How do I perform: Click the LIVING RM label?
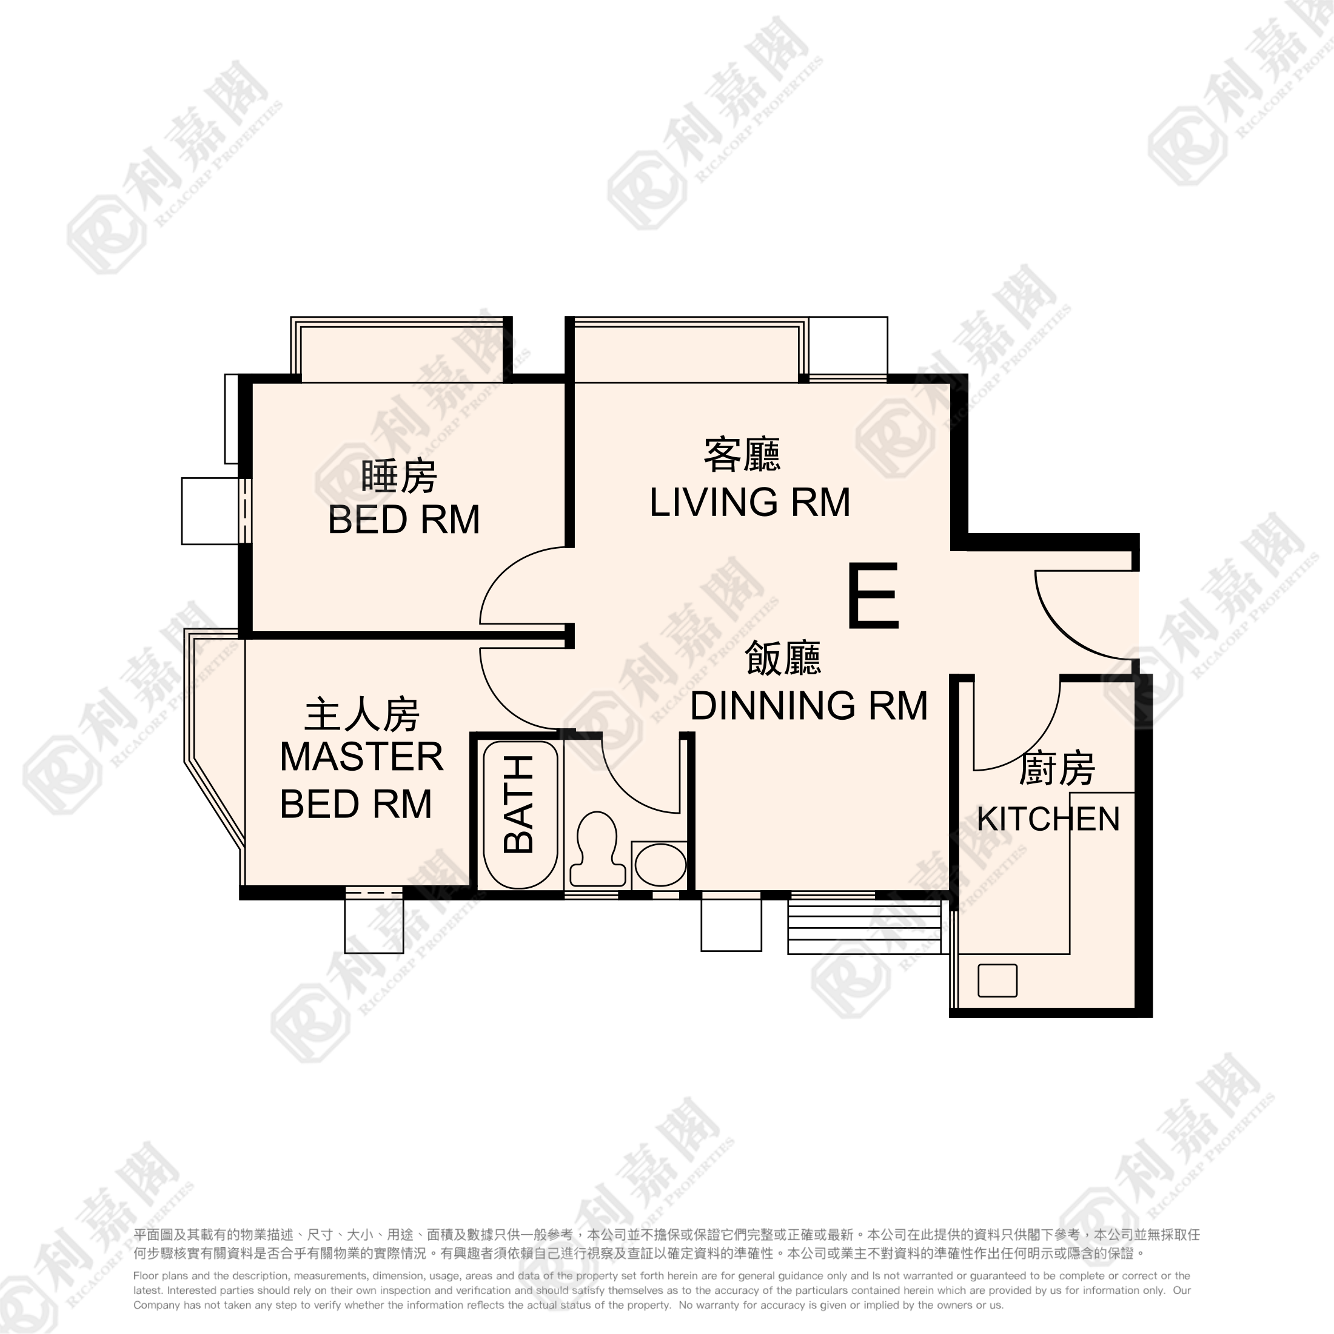coord(749,503)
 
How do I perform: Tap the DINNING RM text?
coord(808,706)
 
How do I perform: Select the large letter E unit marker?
coord(873,595)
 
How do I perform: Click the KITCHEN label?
coord(1047,819)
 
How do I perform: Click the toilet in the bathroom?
coord(597,848)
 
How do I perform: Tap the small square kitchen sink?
coord(997,980)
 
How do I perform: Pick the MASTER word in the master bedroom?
coord(361,757)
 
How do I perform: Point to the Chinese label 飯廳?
coord(782,658)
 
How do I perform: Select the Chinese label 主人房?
coord(362,715)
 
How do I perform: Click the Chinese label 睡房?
coord(399,477)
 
